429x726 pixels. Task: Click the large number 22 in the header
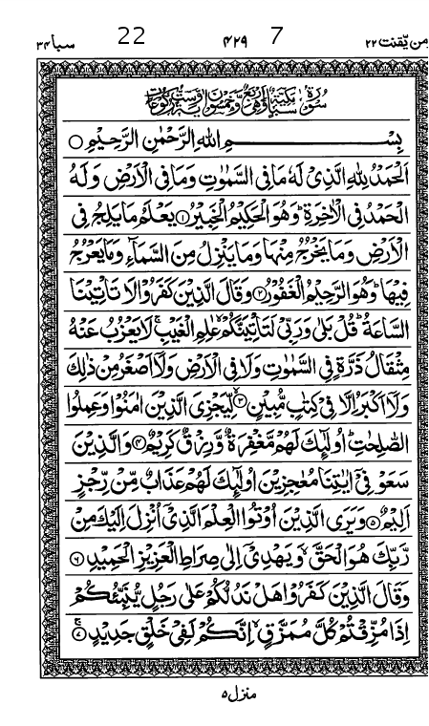point(132,37)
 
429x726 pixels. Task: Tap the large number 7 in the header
point(277,37)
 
